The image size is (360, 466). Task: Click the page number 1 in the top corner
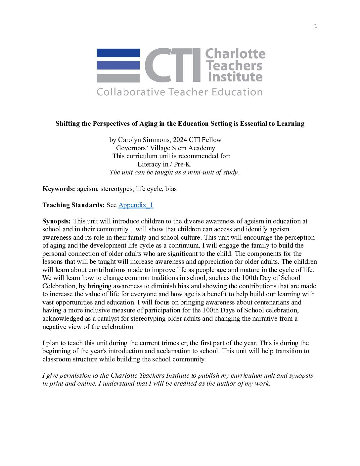[316, 26]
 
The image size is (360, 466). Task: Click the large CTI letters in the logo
[173, 65]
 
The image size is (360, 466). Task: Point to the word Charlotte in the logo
[235, 54]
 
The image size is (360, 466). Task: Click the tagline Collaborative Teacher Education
[180, 92]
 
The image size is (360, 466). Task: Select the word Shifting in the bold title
[67, 124]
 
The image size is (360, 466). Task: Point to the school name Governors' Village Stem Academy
[165, 148]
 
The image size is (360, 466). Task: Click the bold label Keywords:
[59, 189]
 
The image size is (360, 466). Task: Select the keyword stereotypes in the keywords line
[116, 189]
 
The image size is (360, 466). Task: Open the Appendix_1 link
[136, 205]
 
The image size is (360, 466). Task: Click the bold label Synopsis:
[57, 221]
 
